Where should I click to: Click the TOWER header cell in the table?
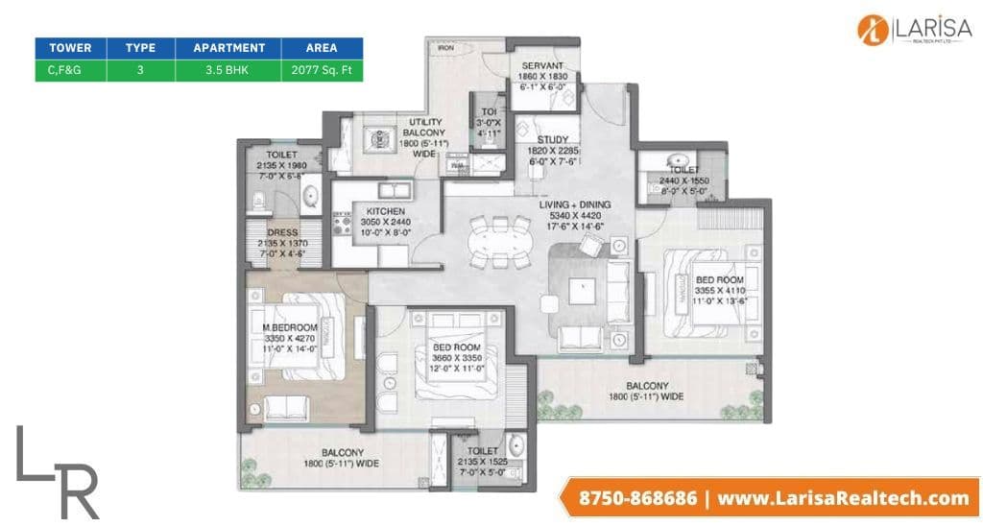pyautogui.click(x=69, y=47)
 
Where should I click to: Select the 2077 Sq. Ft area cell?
pyautogui.click(x=321, y=70)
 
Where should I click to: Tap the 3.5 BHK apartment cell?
pyautogui.click(x=228, y=70)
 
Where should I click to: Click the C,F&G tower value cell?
pyautogui.click(x=69, y=70)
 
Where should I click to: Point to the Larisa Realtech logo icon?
pyautogui.click(x=875, y=28)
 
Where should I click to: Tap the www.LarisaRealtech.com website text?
pyautogui.click(x=843, y=497)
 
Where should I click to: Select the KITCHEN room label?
pyautogui.click(x=385, y=211)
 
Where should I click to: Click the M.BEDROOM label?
pyautogui.click(x=290, y=328)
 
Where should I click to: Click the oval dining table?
pyautogui.click(x=499, y=241)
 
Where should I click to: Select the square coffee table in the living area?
pyautogui.click(x=581, y=289)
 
